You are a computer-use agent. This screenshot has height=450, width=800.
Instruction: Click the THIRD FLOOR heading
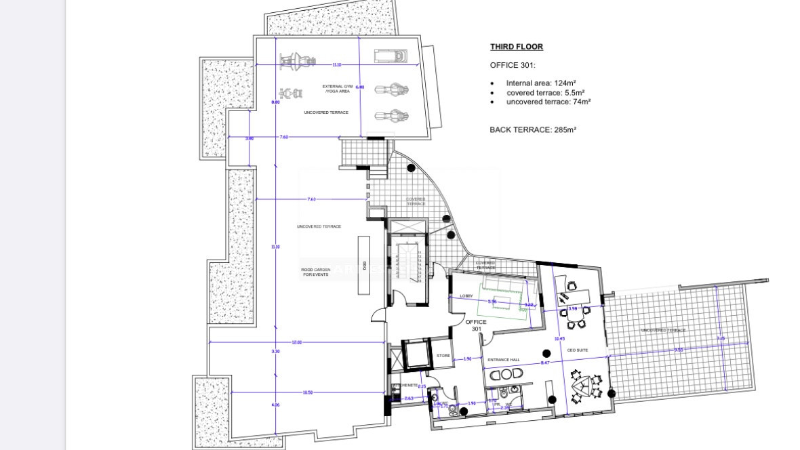[517, 47]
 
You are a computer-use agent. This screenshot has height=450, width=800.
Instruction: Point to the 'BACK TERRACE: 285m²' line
[533, 129]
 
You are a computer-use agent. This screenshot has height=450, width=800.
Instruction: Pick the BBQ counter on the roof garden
[364, 266]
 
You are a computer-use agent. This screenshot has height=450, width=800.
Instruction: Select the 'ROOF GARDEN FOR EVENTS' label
[315, 272]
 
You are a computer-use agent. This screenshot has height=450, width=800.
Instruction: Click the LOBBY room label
[466, 296]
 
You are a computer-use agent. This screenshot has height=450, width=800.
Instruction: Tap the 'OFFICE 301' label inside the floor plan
[476, 325]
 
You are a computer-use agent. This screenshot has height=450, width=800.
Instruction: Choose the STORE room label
[443, 355]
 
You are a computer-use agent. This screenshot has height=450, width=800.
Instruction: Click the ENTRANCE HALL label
[503, 359]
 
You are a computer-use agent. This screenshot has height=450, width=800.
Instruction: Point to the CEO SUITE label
[577, 350]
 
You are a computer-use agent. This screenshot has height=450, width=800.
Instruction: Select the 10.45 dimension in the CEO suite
[559, 338]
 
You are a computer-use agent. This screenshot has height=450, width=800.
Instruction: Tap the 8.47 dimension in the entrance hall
[545, 364]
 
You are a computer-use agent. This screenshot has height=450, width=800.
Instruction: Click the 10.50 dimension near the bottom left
[307, 392]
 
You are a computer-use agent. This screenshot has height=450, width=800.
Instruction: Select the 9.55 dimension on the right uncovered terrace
[678, 350]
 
